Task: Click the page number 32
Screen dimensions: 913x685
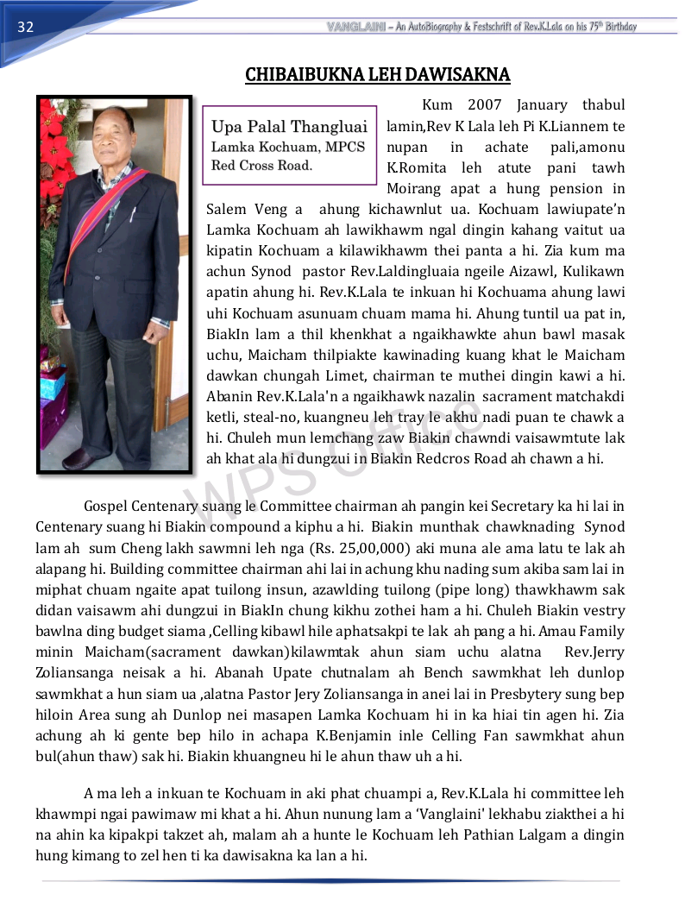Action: click(24, 27)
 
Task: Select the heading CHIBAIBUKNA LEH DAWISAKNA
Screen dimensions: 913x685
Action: click(377, 75)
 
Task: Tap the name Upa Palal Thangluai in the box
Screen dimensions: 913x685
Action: click(290, 127)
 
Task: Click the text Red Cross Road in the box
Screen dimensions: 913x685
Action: click(261, 165)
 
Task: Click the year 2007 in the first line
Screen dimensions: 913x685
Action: click(484, 105)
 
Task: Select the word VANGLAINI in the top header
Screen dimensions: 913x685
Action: click(355, 27)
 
